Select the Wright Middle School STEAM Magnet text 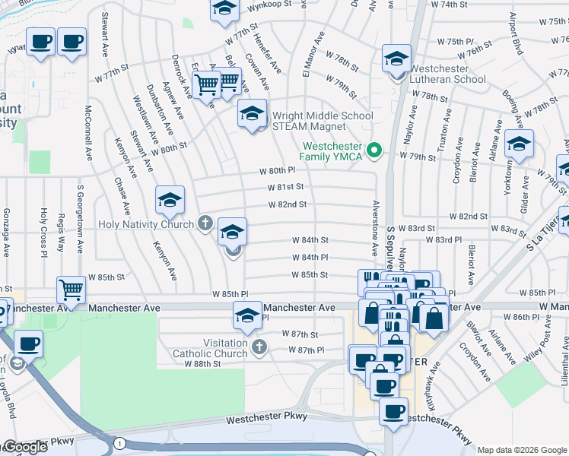pyautogui.click(x=323, y=121)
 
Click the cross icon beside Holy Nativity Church pyautogui.click(x=204, y=223)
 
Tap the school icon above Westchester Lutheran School pyautogui.click(x=396, y=58)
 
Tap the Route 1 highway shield pyautogui.click(x=119, y=442)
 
